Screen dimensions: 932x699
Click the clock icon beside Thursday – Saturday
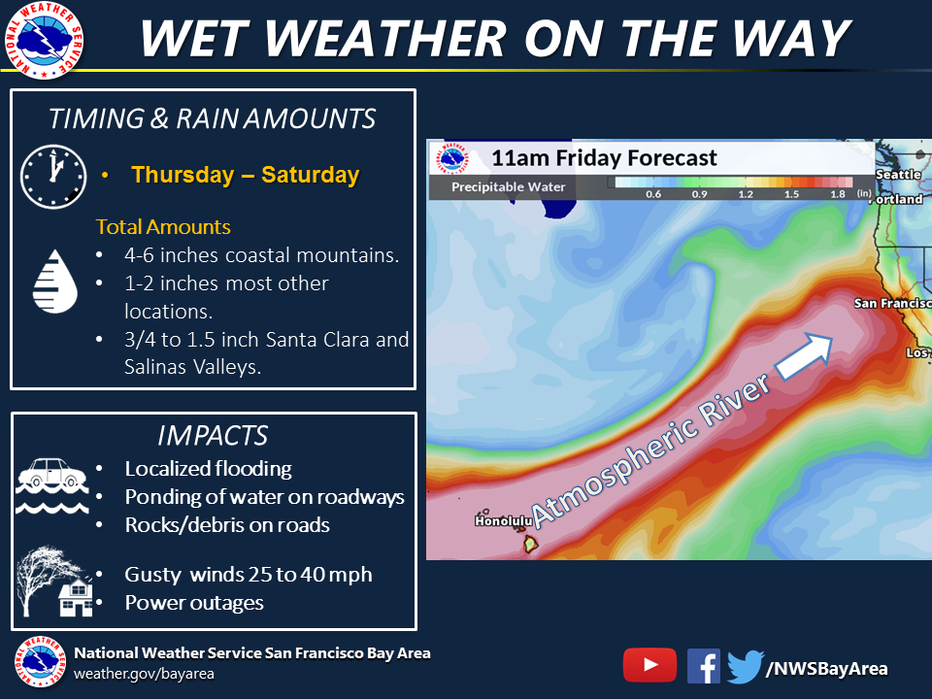[53, 177]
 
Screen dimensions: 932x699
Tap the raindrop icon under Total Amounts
[55, 282]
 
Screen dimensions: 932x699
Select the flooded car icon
[52, 485]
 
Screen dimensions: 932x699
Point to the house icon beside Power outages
[76, 598]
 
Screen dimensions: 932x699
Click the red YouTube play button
[649, 665]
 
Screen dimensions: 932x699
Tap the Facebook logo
[704, 666]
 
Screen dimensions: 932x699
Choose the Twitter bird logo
[746, 667]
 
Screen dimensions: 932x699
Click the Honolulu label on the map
[504, 521]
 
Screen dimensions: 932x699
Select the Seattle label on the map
[898, 175]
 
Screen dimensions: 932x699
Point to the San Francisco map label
[893, 304]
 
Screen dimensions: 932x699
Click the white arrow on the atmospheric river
[804, 356]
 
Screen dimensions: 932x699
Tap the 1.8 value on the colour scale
[838, 194]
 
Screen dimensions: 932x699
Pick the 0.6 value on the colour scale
[653, 194]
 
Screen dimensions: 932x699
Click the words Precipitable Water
[508, 186]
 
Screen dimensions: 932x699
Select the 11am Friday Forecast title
[604, 158]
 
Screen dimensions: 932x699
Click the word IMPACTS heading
[213, 436]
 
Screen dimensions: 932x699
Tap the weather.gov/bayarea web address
[144, 674]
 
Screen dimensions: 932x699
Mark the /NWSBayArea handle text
[827, 669]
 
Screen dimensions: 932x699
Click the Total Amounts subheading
[163, 227]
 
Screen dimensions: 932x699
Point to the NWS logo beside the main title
[44, 40]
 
